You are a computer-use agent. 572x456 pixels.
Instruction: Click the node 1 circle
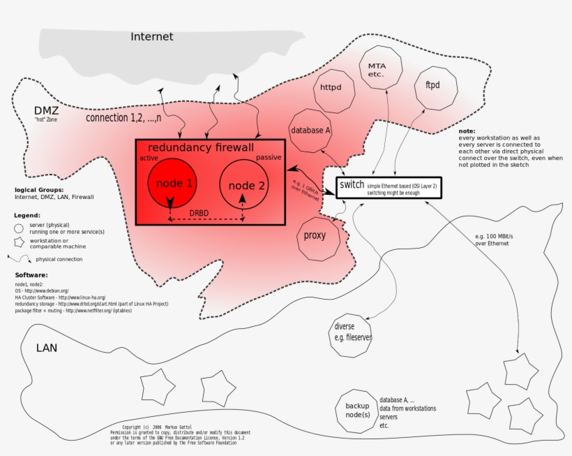(171, 183)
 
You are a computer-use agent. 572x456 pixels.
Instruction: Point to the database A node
(310, 130)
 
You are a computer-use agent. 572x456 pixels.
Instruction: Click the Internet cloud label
(151, 36)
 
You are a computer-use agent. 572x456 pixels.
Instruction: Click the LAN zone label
(46, 347)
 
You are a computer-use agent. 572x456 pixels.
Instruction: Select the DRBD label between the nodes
(200, 213)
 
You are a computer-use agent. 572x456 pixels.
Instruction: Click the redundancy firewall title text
(200, 148)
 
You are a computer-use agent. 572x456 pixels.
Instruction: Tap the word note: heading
(467, 131)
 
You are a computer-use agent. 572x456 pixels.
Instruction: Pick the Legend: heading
(27, 215)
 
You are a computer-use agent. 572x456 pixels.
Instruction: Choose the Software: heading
(31, 275)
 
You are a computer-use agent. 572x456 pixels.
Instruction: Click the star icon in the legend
(20, 243)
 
